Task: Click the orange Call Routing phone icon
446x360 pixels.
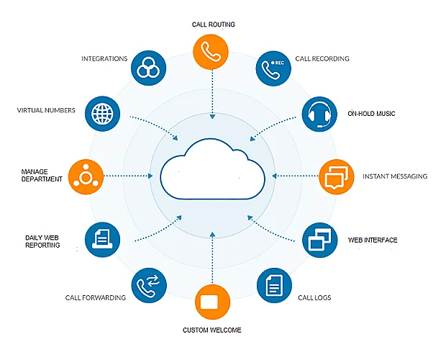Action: tap(211, 52)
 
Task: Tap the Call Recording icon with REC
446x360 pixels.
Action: tap(273, 68)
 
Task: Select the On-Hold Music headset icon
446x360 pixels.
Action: tap(319, 114)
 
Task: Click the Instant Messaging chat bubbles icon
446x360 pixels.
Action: tap(337, 176)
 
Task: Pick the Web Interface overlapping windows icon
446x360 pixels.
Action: tap(319, 240)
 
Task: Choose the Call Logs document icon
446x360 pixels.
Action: tap(275, 285)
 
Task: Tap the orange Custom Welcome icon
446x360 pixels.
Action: tap(212, 302)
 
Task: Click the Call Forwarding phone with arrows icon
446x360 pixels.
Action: tap(149, 285)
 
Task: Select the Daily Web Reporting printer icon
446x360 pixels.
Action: tap(102, 240)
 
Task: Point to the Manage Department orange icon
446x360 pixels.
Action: tap(86, 176)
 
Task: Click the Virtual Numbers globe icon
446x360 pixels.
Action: tap(102, 114)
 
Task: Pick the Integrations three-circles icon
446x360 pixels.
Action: tap(148, 68)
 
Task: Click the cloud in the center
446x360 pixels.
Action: tap(213, 169)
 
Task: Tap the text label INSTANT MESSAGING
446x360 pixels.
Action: tap(395, 176)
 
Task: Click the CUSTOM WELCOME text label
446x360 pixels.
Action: tap(212, 330)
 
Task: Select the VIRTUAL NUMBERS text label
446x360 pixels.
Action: tap(46, 110)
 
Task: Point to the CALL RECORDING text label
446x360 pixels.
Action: tap(322, 58)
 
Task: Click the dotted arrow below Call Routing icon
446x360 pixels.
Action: tap(212, 94)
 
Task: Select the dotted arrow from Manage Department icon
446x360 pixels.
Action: tap(128, 176)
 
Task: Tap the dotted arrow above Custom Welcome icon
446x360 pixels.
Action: tap(212, 258)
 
